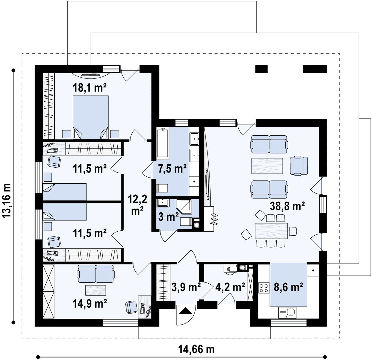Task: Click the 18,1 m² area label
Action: [90, 88]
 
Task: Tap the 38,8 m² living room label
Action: [287, 206]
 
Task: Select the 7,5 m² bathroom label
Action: [172, 169]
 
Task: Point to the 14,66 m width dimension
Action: [196, 350]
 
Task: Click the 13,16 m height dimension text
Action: [6, 200]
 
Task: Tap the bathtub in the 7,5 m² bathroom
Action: [163, 143]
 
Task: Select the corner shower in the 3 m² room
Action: [184, 207]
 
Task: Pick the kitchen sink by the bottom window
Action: [287, 313]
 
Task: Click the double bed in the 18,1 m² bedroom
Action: [91, 117]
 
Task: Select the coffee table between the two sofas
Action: [267, 166]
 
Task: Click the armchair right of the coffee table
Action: [299, 166]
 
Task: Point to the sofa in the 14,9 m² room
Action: [96, 274]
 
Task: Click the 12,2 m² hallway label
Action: [137, 205]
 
